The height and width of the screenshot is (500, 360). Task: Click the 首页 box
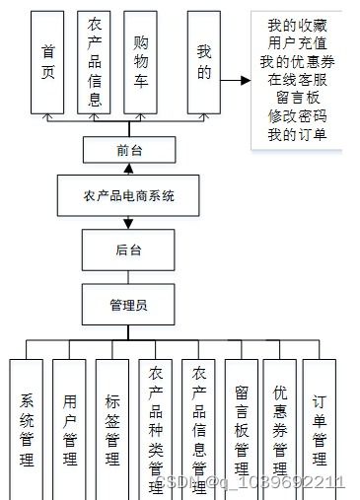(x=47, y=62)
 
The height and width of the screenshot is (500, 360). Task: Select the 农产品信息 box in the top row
(x=95, y=62)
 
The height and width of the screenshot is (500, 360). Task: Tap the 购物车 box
(x=142, y=62)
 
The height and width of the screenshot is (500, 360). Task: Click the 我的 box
(x=204, y=62)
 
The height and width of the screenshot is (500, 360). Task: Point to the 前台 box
(x=128, y=150)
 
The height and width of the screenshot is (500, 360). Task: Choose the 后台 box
(x=128, y=250)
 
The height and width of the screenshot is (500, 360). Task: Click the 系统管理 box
(x=27, y=429)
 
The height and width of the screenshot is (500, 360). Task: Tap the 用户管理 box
(x=69, y=429)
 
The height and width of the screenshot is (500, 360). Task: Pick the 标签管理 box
(x=112, y=429)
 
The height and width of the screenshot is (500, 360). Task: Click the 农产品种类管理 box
(x=156, y=429)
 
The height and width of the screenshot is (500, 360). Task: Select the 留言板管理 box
(x=242, y=429)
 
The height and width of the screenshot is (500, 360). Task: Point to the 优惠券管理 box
(x=279, y=429)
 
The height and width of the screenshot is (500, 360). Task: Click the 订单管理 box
(x=320, y=429)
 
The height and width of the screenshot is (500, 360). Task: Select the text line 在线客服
(x=296, y=81)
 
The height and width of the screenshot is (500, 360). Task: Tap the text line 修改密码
(x=296, y=116)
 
